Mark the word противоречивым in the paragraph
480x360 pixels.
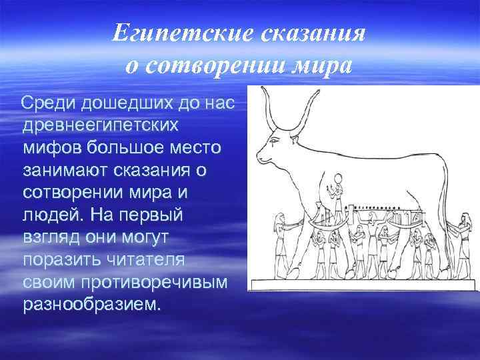click(153, 283)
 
